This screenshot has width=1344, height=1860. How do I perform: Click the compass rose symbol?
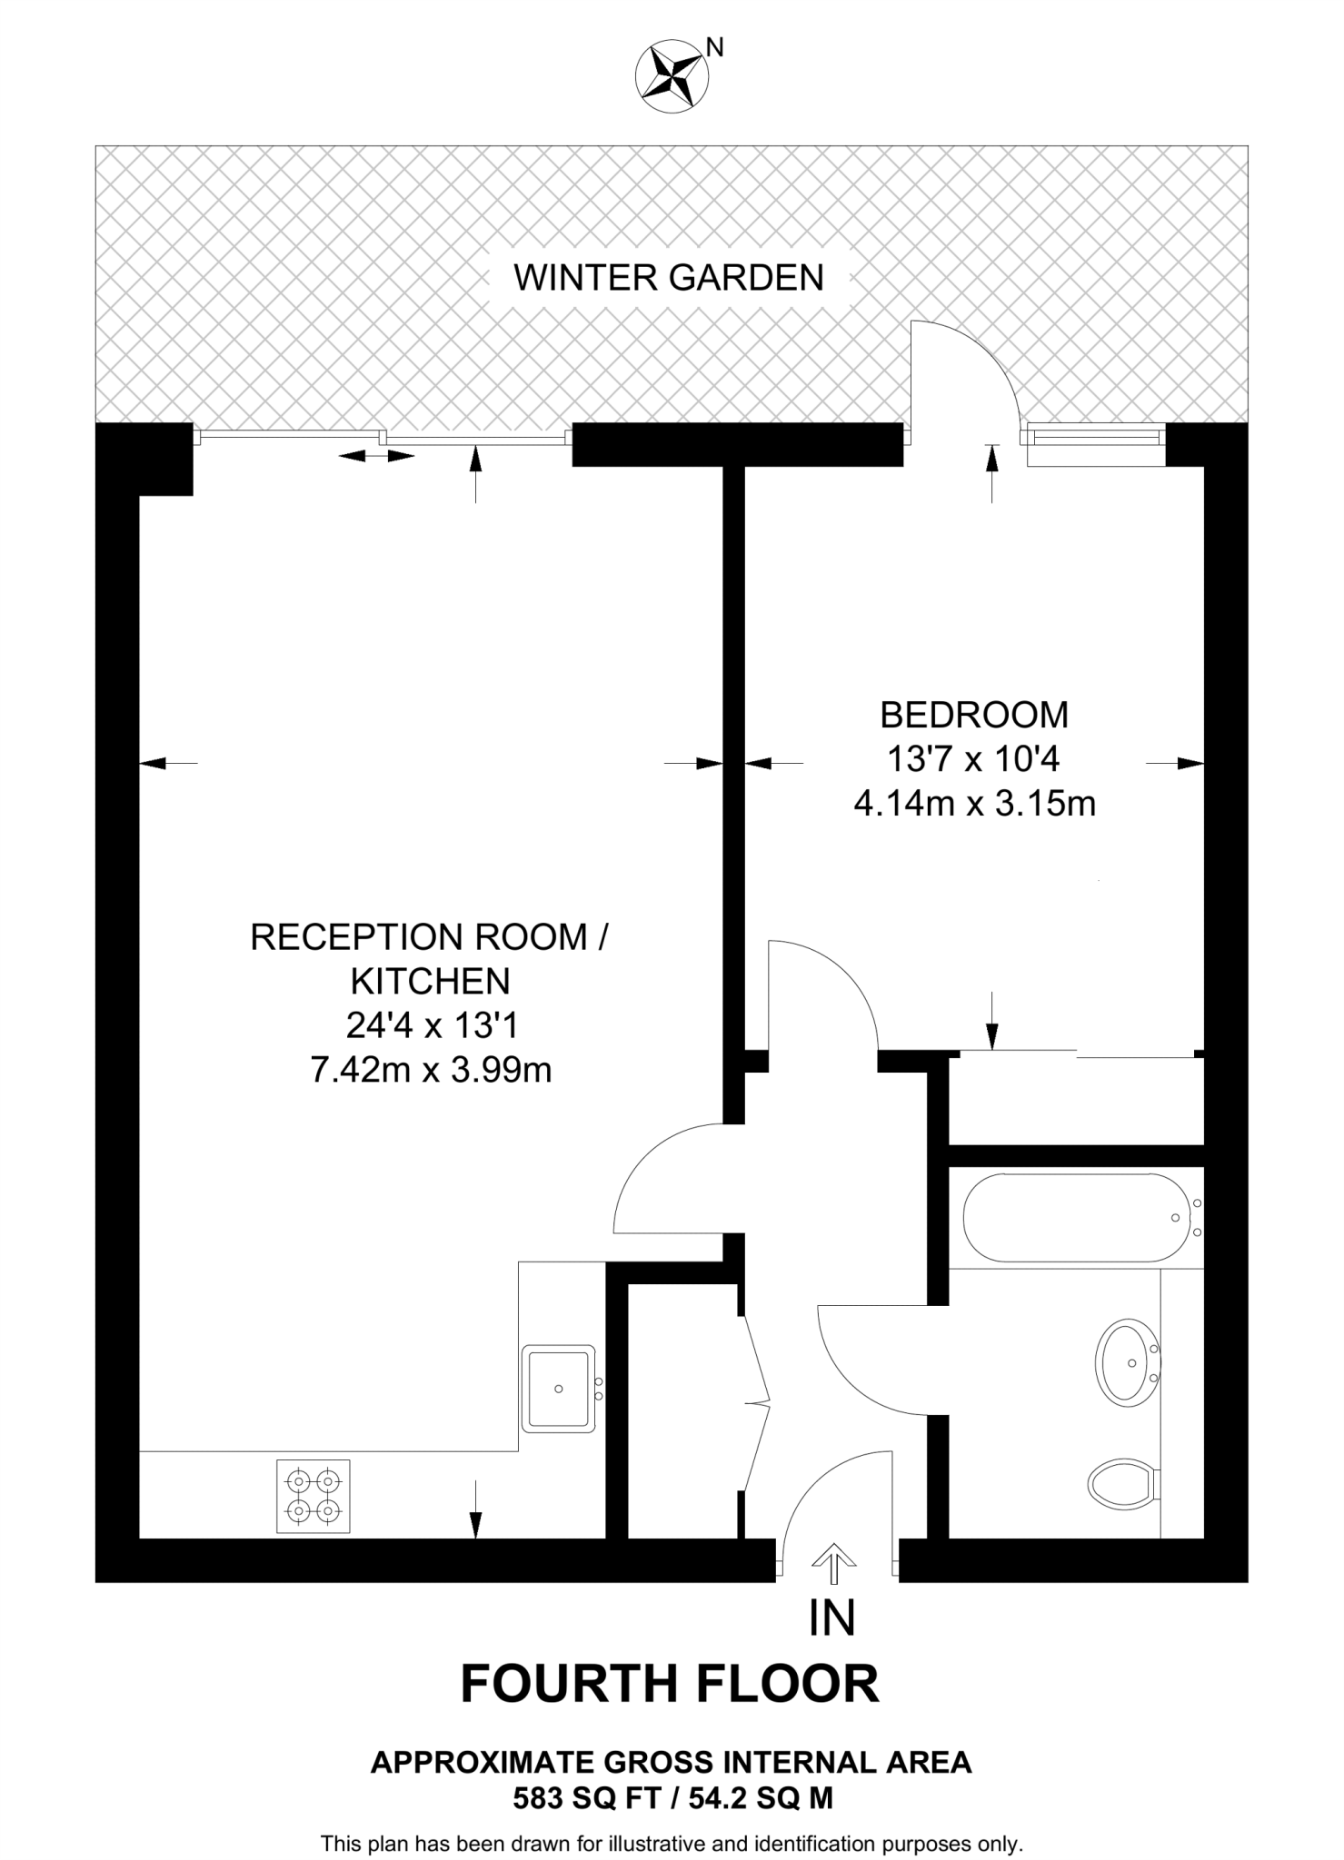coord(672,76)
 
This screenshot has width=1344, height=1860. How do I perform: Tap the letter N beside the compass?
coord(716,47)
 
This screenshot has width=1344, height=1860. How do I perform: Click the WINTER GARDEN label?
coord(668,278)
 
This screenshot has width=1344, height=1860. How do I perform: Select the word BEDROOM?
coord(973,716)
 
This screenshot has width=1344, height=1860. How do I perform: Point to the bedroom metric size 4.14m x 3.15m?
coord(973,804)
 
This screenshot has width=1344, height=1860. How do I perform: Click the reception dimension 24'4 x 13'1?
coord(431,1026)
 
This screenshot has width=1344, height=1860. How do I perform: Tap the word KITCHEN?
coord(431,982)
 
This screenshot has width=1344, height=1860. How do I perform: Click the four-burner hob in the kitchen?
coord(314,1496)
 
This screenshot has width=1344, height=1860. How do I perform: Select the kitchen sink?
coord(559,1389)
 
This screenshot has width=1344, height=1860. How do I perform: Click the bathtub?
coord(1075,1217)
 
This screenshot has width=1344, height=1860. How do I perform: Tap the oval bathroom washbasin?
coord(1127,1363)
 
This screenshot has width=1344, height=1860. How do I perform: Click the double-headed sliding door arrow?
coord(376,456)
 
